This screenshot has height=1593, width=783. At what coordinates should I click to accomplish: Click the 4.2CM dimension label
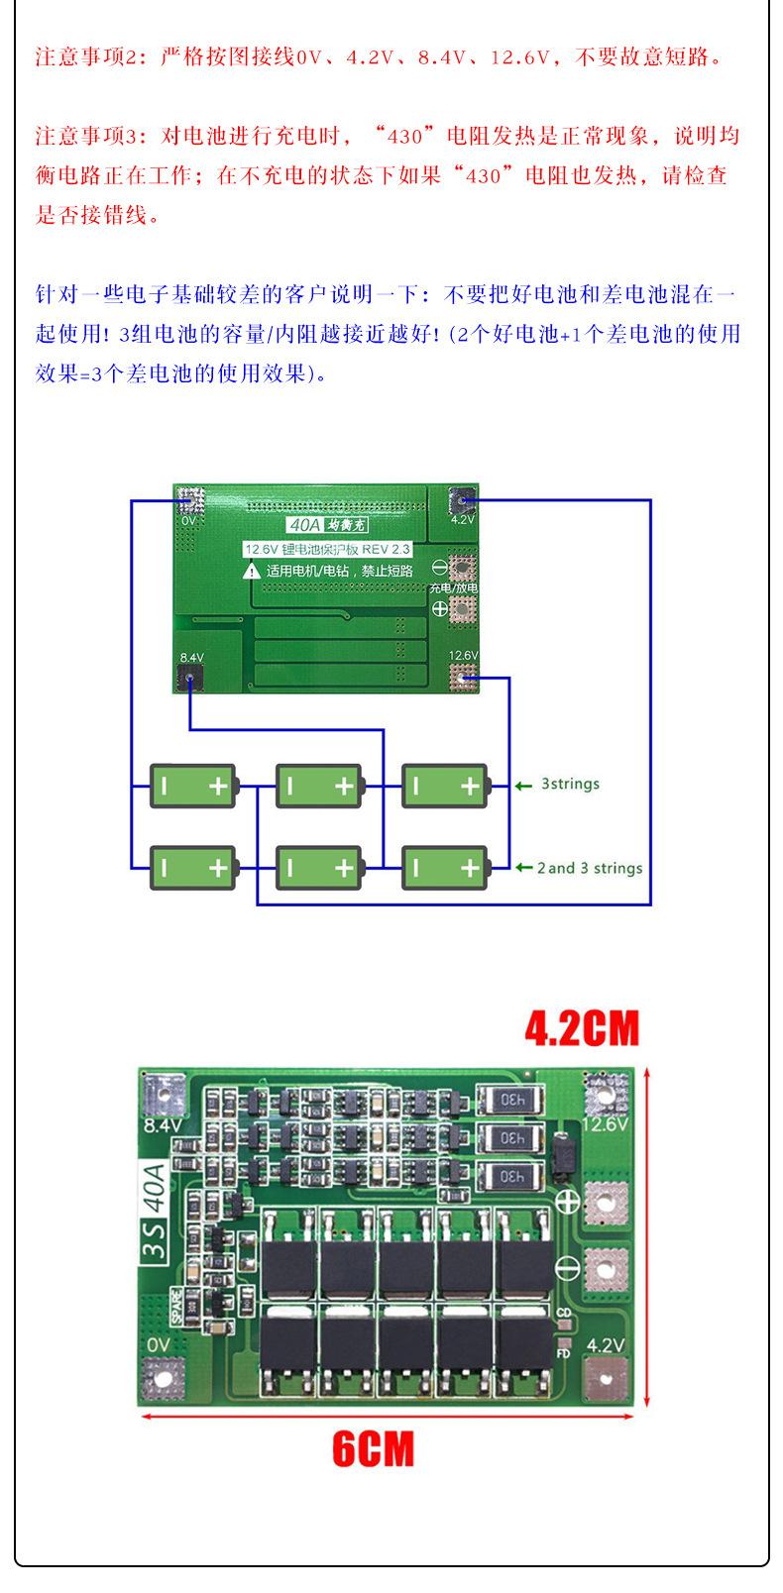(582, 1028)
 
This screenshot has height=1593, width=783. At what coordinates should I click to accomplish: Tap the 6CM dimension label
(373, 1449)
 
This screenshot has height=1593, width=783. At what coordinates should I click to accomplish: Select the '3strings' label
(570, 784)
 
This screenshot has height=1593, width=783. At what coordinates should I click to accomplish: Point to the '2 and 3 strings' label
(589, 868)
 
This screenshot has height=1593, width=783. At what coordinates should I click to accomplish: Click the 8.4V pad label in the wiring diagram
(190, 658)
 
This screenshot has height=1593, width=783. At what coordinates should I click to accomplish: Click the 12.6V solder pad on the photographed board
(607, 1093)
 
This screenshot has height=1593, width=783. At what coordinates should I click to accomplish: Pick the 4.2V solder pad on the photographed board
(605, 1380)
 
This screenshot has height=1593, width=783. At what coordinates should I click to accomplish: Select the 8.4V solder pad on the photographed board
(164, 1094)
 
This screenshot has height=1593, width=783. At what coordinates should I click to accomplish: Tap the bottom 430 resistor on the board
(511, 1177)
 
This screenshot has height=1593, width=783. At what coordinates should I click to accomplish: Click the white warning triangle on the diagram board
(253, 570)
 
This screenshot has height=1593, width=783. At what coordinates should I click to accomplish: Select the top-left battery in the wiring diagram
(193, 787)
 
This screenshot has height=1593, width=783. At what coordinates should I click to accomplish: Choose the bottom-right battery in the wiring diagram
(445, 869)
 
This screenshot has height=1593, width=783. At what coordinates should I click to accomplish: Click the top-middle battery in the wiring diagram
(319, 787)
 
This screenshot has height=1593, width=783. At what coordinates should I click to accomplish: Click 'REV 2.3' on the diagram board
(386, 548)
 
